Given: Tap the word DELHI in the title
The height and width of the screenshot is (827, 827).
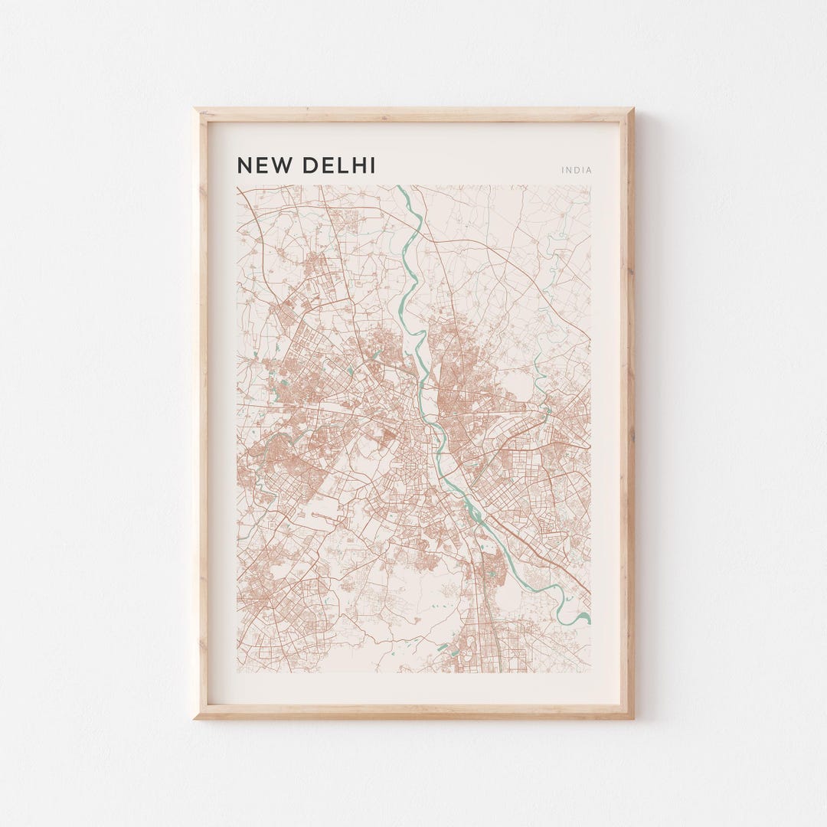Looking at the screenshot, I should tap(339, 165).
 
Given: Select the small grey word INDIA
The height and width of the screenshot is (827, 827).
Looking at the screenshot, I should tap(577, 170).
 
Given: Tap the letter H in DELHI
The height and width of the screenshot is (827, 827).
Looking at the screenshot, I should tap(359, 165).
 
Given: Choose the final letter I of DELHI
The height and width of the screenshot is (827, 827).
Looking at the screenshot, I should tap(373, 165).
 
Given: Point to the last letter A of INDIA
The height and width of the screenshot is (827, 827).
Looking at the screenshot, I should tap(589, 170).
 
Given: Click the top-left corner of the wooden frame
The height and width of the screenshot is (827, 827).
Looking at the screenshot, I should tap(195, 110).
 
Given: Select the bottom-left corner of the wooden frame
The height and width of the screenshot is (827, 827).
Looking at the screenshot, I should tap(195, 717).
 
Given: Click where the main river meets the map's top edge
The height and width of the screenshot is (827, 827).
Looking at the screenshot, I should tap(399, 187).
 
